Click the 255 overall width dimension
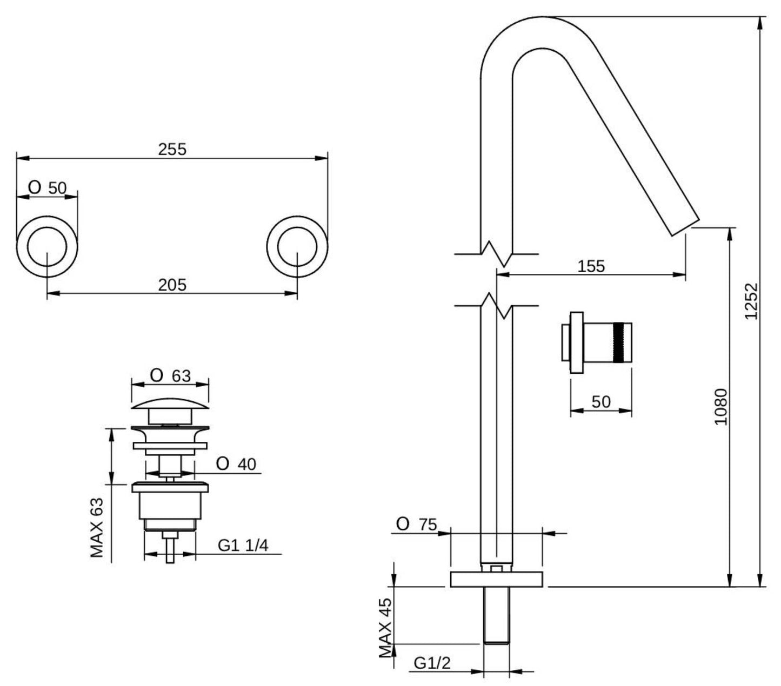pos(172,149)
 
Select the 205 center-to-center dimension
pos(172,284)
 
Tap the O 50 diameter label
pos(48,188)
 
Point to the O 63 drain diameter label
pos(170,375)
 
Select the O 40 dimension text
pos(236,464)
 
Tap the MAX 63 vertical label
pos(97,527)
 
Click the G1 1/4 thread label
pos(243,546)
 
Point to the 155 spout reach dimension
pos(591,266)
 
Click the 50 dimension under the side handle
pos(601,402)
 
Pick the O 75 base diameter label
pos(416,524)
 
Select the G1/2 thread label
pos(432,663)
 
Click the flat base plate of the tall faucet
pos(496,579)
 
